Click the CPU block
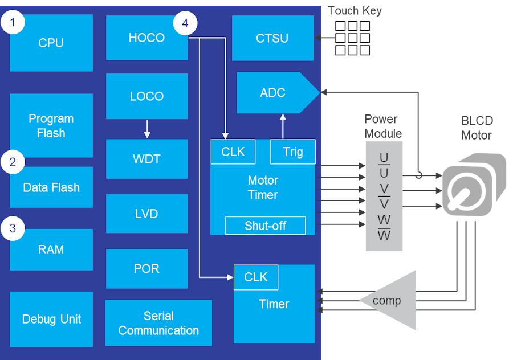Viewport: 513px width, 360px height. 51,43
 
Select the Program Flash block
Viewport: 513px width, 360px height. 51,126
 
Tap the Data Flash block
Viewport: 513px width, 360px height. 51,187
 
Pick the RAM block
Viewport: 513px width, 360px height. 51,249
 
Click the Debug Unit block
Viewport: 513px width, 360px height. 51,319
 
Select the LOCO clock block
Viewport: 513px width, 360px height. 146,96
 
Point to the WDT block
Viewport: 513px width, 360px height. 146,159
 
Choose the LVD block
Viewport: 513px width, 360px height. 146,214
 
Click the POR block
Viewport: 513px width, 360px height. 146,269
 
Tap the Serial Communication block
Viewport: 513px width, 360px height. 158,323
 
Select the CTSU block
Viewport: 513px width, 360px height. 272,38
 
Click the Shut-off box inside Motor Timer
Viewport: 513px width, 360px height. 266,226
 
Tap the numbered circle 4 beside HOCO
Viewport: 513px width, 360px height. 185,23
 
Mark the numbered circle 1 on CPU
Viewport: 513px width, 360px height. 13,23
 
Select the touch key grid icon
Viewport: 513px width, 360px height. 352,38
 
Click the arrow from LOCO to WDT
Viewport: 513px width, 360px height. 147,129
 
